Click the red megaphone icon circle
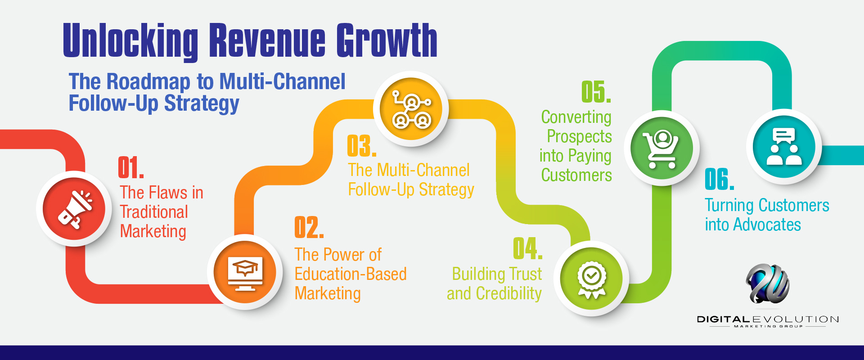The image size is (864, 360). pyautogui.click(x=74, y=209)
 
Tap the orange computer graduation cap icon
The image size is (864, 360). pyautogui.click(x=245, y=272)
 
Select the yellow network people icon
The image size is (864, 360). pyautogui.click(x=411, y=109)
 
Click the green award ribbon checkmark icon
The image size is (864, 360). pyautogui.click(x=591, y=279)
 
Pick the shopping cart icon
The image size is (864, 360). pyautogui.click(x=661, y=148)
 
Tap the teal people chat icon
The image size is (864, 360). pyautogui.click(x=784, y=147)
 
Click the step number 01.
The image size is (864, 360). pyautogui.click(x=130, y=168)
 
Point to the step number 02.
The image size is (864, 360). pyautogui.click(x=309, y=228)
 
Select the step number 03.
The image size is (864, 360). pyautogui.click(x=361, y=146)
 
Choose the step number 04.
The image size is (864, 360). pyautogui.click(x=527, y=249)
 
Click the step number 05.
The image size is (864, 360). pyautogui.click(x=596, y=92)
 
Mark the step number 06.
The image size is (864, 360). pyautogui.click(x=719, y=180)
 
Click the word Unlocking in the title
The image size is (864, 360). pyautogui.click(x=130, y=41)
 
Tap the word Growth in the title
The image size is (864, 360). pyautogui.click(x=387, y=41)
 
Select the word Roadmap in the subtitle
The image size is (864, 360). pyautogui.click(x=148, y=82)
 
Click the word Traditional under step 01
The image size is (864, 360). pyautogui.click(x=154, y=212)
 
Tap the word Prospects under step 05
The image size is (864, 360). pyautogui.click(x=579, y=136)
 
